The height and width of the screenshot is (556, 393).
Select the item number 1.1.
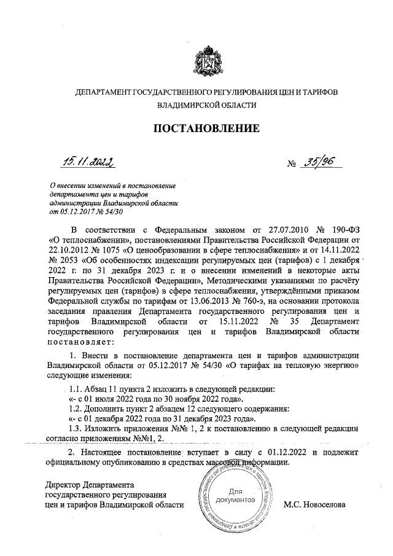click(77, 388)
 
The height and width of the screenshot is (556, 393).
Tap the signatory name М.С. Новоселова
click(314, 505)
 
